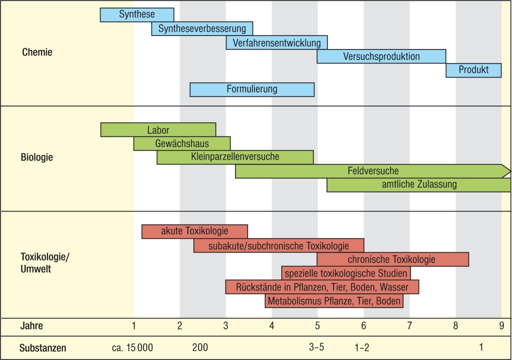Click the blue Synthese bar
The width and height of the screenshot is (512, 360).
coord(136,15)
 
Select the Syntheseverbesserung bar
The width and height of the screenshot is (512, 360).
coord(202,29)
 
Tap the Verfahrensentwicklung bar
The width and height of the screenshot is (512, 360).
coord(276,43)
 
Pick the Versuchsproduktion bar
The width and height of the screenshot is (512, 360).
coord(381,56)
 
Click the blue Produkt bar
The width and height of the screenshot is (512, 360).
coord(473,70)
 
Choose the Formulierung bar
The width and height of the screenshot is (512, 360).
coord(251,89)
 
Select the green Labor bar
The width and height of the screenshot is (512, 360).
coord(158,130)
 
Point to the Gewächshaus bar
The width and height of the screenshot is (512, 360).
coord(181,144)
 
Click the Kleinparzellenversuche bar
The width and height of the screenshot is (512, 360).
coord(235,157)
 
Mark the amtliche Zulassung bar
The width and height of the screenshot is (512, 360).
coord(418,185)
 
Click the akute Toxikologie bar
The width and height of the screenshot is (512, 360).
coord(194,231)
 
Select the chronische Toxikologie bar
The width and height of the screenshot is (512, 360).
coord(392,259)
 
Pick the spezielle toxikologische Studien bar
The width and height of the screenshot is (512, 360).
coord(346,273)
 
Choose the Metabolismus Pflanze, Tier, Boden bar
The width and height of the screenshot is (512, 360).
coord(334,301)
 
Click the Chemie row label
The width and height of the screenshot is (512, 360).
coord(37,52)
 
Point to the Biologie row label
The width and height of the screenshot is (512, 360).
coord(37,157)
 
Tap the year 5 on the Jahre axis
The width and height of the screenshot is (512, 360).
coord(317,326)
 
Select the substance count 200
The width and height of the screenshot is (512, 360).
coord(200,347)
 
